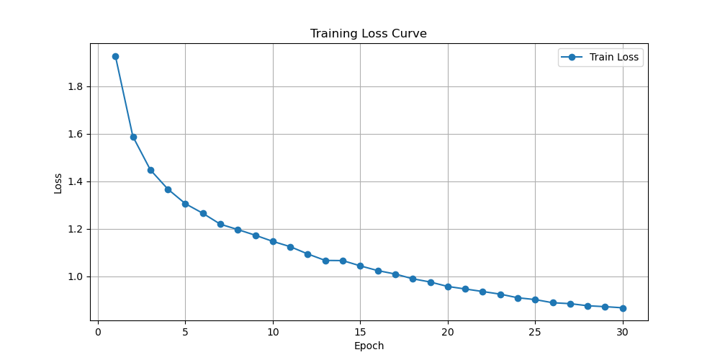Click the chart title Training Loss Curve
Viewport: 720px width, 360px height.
click(368, 34)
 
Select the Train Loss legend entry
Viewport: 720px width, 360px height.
click(600, 58)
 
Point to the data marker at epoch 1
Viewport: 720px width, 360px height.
click(115, 56)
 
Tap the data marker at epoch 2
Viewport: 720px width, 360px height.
click(133, 137)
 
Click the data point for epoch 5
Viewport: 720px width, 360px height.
click(186, 204)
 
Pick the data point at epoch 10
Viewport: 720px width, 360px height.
click(273, 241)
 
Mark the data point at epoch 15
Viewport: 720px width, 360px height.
click(360, 266)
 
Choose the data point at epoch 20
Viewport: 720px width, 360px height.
click(448, 287)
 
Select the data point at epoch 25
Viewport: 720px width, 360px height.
click(535, 300)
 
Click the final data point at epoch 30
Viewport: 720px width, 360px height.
click(623, 308)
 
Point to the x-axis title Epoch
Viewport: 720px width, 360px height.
click(369, 346)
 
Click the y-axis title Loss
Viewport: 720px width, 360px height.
click(58, 183)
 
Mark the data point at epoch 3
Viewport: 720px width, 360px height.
click(150, 170)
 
